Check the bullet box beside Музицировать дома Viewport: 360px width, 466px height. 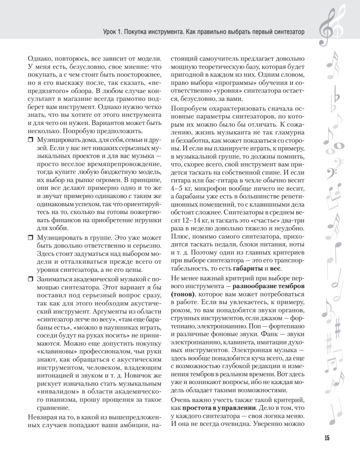click(31, 139)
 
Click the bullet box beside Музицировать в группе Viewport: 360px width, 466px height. click(31, 237)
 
